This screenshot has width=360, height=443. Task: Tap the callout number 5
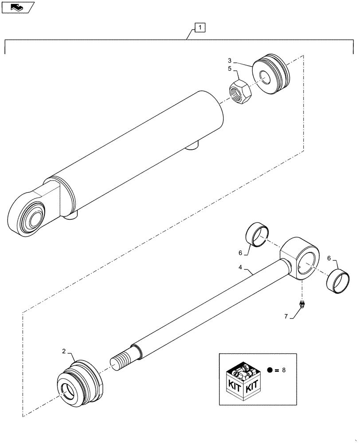pos(230,69)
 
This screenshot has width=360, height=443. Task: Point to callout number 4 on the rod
pos(240,267)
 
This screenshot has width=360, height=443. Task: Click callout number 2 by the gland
pos(64,351)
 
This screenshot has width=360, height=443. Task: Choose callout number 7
pos(286,316)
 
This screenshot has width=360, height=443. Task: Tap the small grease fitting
pos(301,304)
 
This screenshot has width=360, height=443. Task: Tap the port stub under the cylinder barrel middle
pos(194,145)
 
